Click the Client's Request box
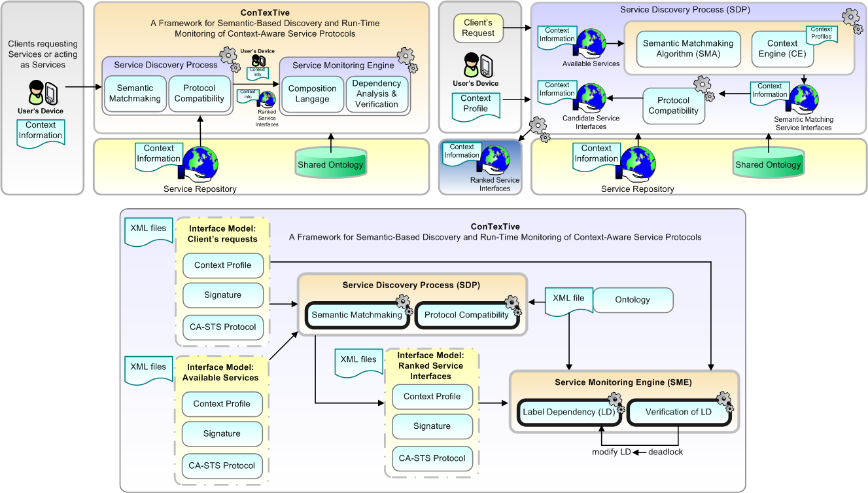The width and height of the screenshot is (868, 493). (x=478, y=28)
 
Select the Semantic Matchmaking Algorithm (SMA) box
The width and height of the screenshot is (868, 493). (x=687, y=48)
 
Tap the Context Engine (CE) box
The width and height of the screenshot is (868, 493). (x=782, y=48)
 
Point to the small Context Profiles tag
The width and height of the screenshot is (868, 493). (x=821, y=33)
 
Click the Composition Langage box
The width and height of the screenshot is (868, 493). (x=312, y=94)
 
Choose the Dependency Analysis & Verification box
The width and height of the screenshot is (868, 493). (x=376, y=94)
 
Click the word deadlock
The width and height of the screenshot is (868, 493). (x=665, y=452)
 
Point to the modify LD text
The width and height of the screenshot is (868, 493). (x=611, y=452)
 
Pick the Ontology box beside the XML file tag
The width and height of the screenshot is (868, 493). (x=633, y=300)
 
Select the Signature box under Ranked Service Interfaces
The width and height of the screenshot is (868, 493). (x=432, y=426)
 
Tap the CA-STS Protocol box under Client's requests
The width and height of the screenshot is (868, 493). (x=222, y=327)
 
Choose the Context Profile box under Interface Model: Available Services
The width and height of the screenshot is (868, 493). (x=222, y=404)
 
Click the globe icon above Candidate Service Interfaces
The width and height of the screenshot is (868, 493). (x=591, y=98)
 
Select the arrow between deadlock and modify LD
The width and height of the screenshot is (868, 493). (x=639, y=452)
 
